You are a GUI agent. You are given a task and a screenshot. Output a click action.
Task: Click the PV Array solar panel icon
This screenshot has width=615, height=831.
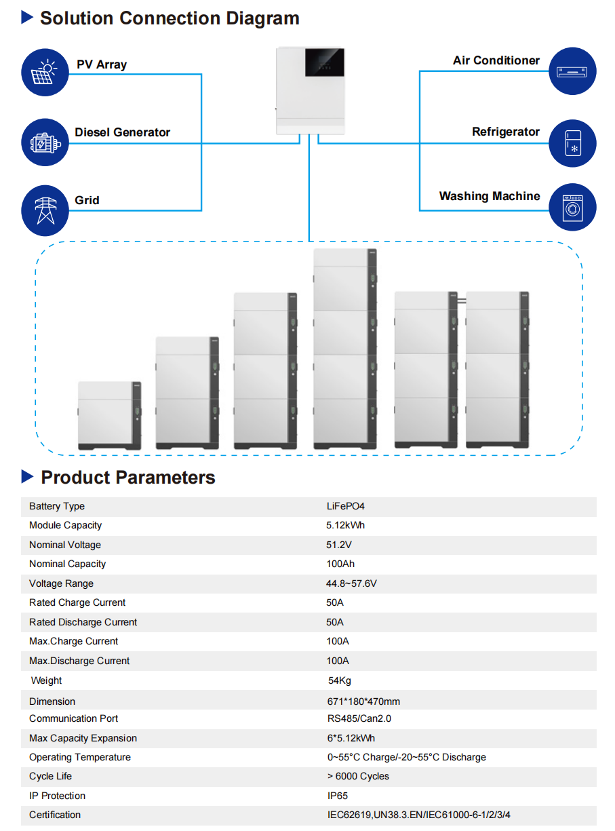pyautogui.click(x=45, y=73)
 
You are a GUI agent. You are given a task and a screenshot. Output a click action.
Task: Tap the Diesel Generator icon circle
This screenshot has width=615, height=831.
pyautogui.click(x=45, y=142)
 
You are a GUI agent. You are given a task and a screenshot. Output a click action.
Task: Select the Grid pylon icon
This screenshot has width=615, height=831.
pyautogui.click(x=45, y=210)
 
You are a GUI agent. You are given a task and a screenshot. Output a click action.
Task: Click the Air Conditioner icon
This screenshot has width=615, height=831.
pyautogui.click(x=572, y=71)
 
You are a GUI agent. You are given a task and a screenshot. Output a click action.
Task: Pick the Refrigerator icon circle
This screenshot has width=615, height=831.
pyautogui.click(x=572, y=143)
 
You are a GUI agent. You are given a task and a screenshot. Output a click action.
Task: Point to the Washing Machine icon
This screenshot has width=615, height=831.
pyautogui.click(x=572, y=207)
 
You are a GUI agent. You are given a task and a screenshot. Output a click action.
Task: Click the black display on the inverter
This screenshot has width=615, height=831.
pyautogui.click(x=324, y=62)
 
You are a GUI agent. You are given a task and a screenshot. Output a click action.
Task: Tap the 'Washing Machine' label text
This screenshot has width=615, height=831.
pyautogui.click(x=489, y=196)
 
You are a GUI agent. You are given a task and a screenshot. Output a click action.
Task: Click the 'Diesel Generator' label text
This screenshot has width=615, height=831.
pyautogui.click(x=122, y=132)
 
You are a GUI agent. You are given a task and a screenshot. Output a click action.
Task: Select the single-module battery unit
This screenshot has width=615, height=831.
pyautogui.click(x=109, y=415)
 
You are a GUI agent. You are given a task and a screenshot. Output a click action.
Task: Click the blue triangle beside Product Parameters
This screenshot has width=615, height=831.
pyautogui.click(x=27, y=476)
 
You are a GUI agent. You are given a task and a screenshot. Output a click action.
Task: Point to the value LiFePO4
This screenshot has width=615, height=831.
pyautogui.click(x=345, y=506)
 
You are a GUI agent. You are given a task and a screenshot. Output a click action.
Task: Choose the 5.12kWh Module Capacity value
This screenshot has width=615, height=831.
pyautogui.click(x=345, y=525)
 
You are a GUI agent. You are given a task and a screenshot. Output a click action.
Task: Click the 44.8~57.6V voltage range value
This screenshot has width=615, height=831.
pyautogui.click(x=351, y=583)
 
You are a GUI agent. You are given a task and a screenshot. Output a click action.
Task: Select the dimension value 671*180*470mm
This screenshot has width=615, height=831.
pyautogui.click(x=363, y=701)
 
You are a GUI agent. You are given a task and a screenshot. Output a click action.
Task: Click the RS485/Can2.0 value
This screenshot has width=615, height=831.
pyautogui.click(x=359, y=718)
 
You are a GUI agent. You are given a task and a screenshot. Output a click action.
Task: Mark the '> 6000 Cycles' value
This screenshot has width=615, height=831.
pyautogui.click(x=358, y=776)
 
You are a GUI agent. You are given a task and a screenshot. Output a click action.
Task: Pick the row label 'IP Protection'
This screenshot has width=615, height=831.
pyautogui.click(x=58, y=796)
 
